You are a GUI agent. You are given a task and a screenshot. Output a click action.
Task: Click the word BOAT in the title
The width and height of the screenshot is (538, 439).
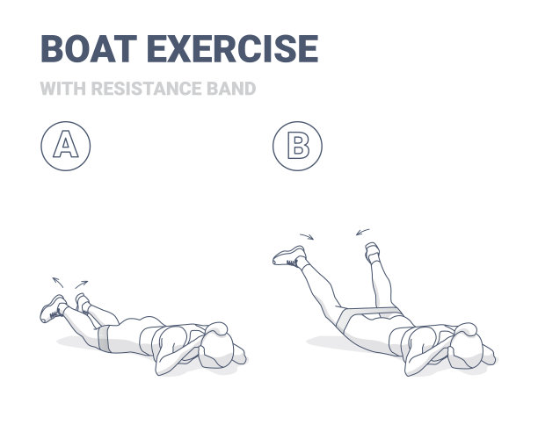[x=89, y=48]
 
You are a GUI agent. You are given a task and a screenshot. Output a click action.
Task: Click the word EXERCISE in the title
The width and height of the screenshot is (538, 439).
[x=233, y=48]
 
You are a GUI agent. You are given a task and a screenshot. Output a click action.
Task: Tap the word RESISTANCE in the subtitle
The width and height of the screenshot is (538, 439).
[x=146, y=89]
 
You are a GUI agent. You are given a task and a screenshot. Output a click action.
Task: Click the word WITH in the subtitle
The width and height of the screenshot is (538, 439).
[x=62, y=89]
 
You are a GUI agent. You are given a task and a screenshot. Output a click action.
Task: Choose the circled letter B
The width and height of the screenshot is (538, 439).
[x=297, y=146]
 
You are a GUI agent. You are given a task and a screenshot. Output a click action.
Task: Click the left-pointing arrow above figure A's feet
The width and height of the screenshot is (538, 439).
[x=58, y=283]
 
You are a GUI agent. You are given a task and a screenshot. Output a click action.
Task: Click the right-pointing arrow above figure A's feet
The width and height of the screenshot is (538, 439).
[x=82, y=284]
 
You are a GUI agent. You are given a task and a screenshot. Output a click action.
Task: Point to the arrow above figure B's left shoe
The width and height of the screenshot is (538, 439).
[x=307, y=236]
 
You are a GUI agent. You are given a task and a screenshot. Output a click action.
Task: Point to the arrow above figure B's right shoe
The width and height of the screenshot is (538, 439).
[x=363, y=232]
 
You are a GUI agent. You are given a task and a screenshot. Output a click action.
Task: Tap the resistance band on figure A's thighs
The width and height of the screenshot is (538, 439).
[x=104, y=338]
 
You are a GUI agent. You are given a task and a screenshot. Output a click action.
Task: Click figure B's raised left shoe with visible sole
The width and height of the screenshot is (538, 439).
[x=289, y=256]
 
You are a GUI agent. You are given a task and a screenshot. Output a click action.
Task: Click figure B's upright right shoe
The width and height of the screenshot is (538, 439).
[x=372, y=252]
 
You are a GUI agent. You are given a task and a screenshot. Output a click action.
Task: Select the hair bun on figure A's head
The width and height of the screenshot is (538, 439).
[x=217, y=328]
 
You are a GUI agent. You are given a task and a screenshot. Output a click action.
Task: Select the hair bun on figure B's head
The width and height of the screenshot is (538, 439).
[x=466, y=329]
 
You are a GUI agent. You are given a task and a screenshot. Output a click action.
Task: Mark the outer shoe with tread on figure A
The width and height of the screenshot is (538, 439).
[x=53, y=309]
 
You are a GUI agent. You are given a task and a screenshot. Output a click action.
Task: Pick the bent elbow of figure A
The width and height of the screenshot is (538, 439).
[x=161, y=368]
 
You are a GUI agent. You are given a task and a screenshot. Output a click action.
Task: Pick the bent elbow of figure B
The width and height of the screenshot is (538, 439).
[x=411, y=369]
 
